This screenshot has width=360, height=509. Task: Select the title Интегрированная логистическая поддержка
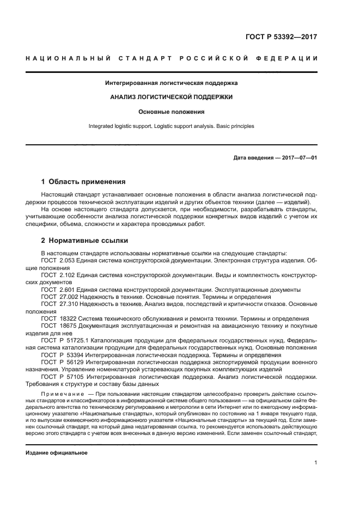(172, 83)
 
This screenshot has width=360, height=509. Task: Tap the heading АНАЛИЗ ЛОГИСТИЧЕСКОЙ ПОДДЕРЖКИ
(172, 97)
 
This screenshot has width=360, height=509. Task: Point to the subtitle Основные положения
(172, 112)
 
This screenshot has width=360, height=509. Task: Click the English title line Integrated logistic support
(172, 126)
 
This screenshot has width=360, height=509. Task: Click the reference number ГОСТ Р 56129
(60, 361)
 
